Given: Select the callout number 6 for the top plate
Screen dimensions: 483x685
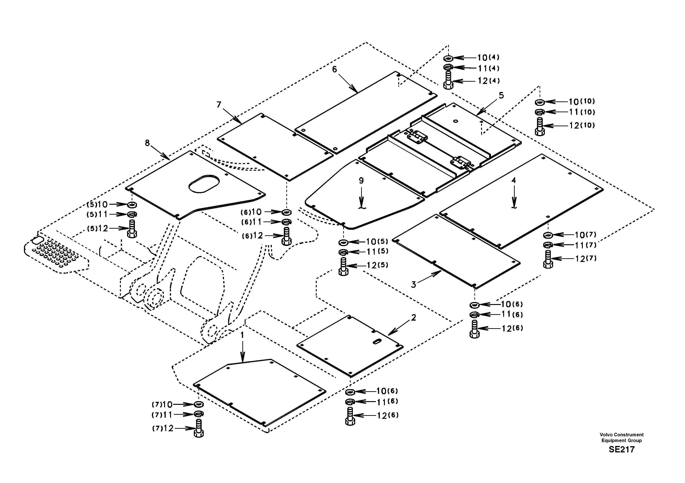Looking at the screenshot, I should coord(334,69).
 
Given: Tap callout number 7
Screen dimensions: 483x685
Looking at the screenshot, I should coord(219,105).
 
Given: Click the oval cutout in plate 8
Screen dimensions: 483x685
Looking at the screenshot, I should coord(204,184).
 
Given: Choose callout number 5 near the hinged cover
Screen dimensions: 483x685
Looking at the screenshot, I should coord(501,95).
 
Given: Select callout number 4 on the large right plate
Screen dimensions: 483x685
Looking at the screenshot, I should coord(514,180).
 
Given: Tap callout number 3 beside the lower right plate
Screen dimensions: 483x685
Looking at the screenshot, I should coord(413,285).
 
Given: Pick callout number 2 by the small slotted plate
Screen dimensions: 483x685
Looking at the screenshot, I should coord(413,318).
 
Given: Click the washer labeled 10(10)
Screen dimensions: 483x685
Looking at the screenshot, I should coord(540,102).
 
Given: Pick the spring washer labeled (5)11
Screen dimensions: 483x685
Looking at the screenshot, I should coord(132,214).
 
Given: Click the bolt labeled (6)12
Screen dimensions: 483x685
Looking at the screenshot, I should coord(286,236).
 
